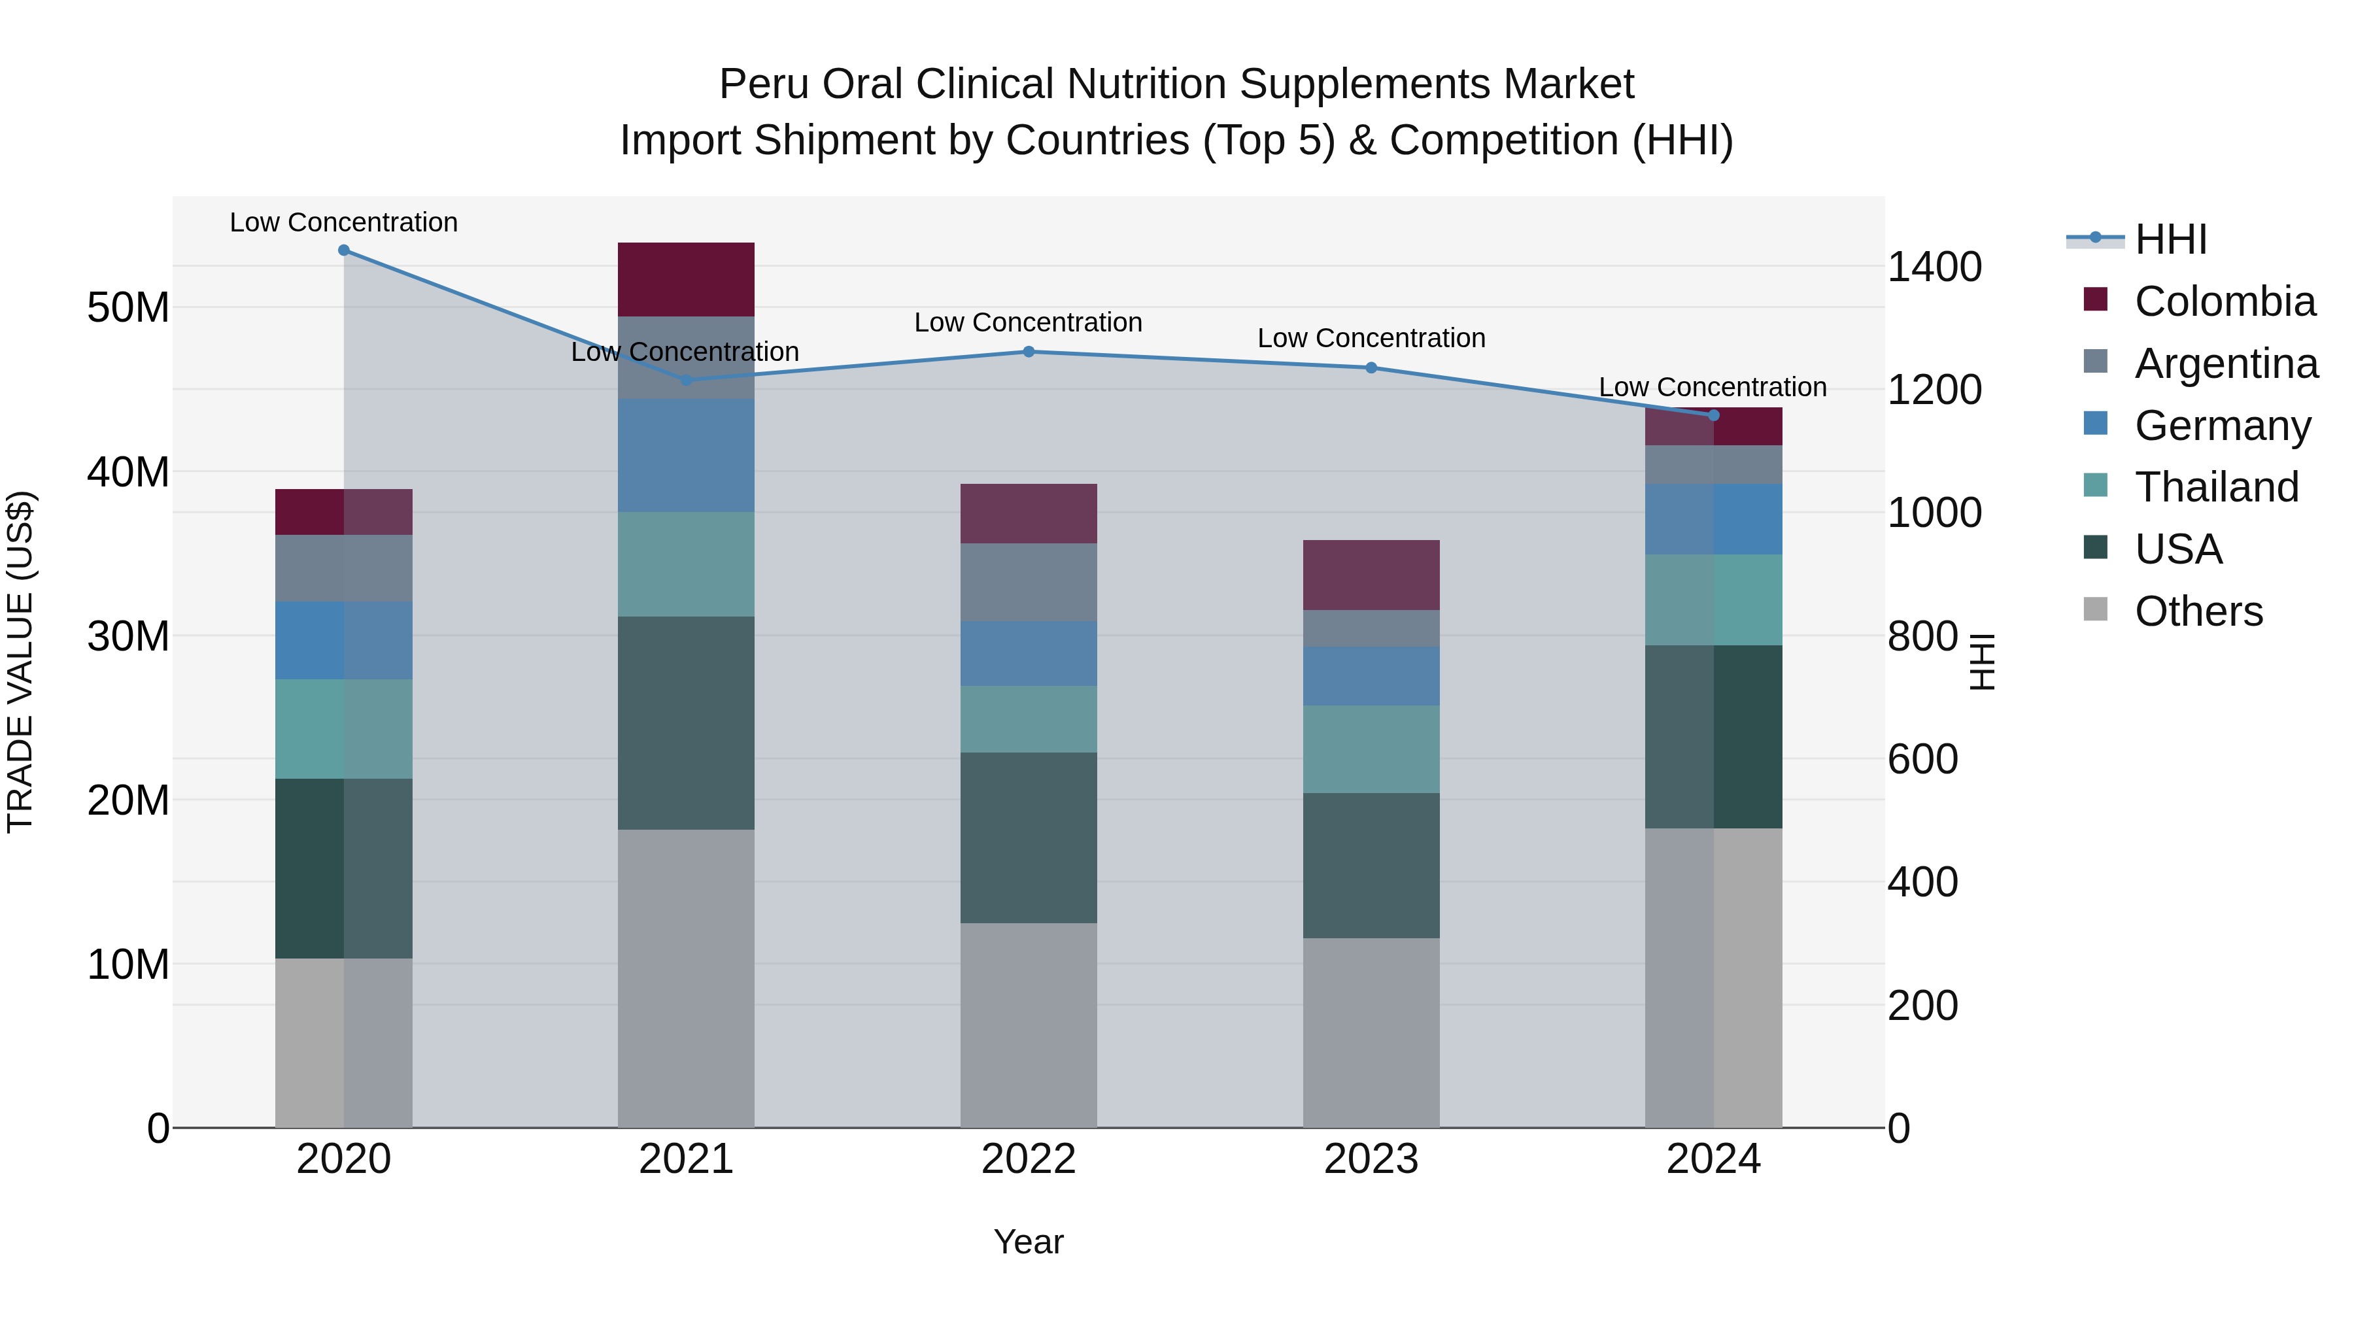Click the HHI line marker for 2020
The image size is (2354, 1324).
tap(343, 250)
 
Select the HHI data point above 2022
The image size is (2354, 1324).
tap(1028, 352)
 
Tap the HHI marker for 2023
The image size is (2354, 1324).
tap(1371, 368)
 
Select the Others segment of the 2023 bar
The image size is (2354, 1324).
tap(1371, 1032)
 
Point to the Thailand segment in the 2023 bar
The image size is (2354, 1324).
tap(1371, 749)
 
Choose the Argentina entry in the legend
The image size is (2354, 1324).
tap(2226, 363)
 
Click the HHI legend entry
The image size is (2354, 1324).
tap(2170, 239)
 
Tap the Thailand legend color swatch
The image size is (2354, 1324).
tap(2096, 485)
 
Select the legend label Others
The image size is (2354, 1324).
tap(2198, 611)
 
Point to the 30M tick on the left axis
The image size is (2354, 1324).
tap(128, 636)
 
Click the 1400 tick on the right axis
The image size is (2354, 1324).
tap(1934, 267)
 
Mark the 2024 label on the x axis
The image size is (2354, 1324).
tap(1713, 1159)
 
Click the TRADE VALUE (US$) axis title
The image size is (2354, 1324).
tap(20, 662)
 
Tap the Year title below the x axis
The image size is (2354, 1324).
tap(1028, 1242)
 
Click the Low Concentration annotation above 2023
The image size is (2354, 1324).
tap(1371, 338)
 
